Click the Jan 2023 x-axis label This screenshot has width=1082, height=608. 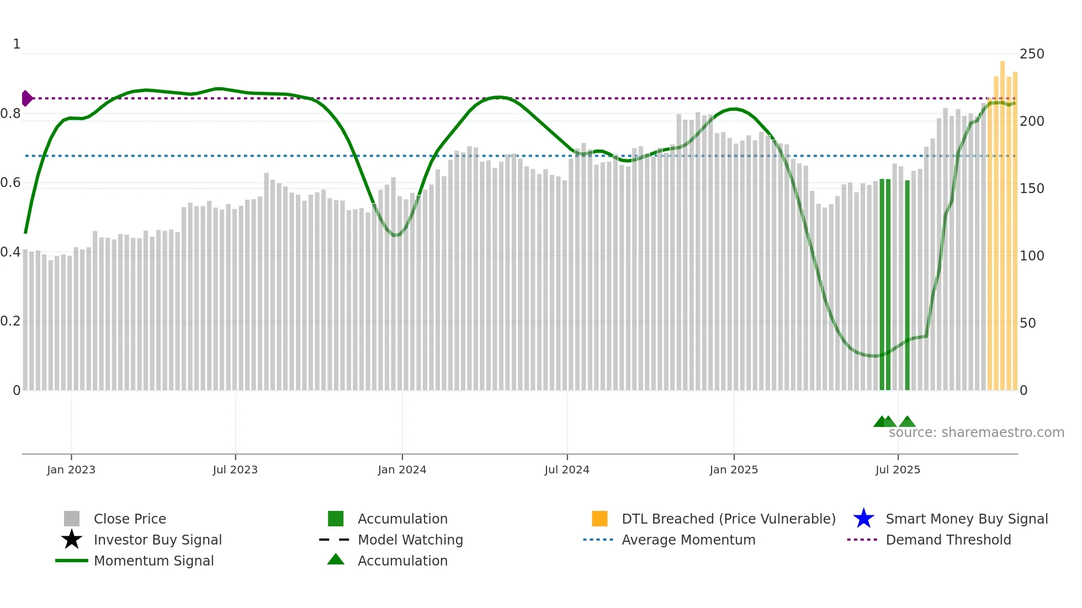click(x=71, y=470)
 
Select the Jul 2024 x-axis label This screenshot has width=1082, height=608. click(x=567, y=470)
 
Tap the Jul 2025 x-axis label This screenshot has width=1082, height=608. click(x=898, y=470)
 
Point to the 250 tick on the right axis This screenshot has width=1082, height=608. click(x=1031, y=54)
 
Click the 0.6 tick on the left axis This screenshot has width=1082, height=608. click(x=10, y=183)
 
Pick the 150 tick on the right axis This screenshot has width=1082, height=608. click(x=1031, y=189)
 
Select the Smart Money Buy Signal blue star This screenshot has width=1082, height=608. click(x=863, y=519)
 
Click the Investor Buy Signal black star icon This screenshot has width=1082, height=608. click(x=72, y=540)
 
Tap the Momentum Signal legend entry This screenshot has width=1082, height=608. click(x=153, y=561)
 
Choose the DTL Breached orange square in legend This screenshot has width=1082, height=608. click(x=600, y=519)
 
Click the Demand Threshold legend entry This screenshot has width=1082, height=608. click(x=948, y=540)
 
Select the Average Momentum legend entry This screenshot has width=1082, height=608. click(x=688, y=540)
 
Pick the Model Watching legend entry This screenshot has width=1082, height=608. click(x=410, y=540)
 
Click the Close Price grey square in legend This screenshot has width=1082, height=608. click(x=72, y=519)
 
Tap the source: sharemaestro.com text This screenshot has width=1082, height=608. click(x=976, y=433)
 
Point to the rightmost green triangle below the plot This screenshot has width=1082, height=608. click(x=907, y=422)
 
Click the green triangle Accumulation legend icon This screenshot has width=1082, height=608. click(x=336, y=560)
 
